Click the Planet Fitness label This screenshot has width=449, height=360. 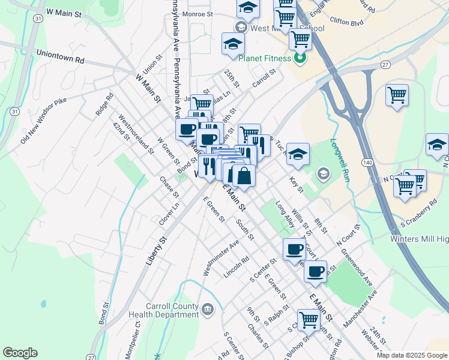point(265,58)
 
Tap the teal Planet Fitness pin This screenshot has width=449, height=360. point(299,58)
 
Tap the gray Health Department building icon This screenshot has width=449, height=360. point(207,310)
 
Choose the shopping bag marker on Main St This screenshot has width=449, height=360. point(244,176)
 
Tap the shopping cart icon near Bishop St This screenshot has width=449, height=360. point(309,320)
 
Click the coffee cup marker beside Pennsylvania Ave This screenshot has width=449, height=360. point(187,128)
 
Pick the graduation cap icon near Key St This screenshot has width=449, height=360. point(297,154)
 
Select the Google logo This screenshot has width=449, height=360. point(20,353)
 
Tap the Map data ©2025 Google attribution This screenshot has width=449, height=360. point(412,355)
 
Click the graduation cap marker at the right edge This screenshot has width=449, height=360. point(437,145)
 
